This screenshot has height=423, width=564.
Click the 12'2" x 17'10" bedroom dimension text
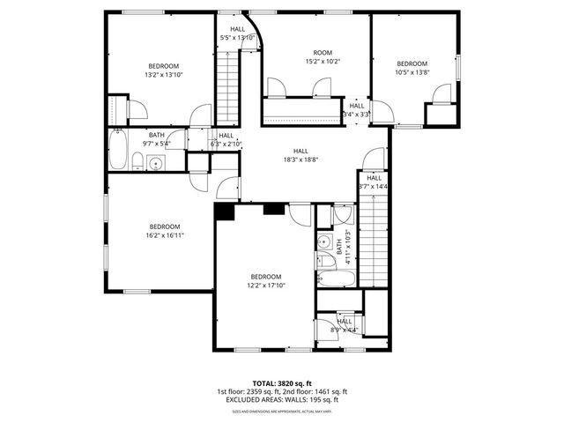264,285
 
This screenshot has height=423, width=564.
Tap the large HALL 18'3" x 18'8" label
301,155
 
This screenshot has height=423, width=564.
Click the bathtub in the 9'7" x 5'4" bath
116,150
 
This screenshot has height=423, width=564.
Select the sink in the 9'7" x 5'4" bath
156,162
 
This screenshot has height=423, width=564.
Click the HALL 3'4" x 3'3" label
356,110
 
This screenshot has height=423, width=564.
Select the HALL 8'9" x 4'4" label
344,326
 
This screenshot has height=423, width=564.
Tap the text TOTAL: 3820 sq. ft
282,382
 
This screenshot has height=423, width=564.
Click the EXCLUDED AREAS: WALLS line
282,400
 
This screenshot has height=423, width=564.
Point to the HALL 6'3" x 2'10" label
226,139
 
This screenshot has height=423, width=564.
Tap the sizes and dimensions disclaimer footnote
282,412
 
